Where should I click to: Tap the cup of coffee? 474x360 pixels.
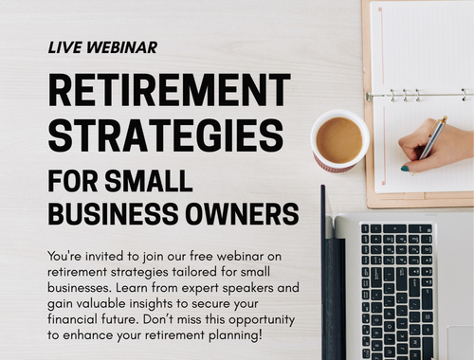[338, 140]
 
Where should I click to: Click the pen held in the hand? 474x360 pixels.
[432, 137]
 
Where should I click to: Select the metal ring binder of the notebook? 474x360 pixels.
[417, 95]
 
